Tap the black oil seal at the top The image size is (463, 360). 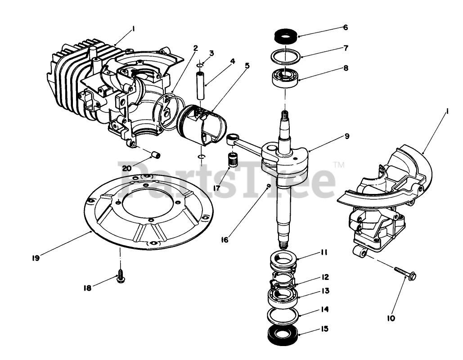[x=284, y=35]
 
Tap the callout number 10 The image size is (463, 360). [x=391, y=318]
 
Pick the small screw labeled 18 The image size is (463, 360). [x=121, y=278]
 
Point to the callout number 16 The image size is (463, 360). [x=225, y=239]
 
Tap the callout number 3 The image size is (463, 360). [x=211, y=53]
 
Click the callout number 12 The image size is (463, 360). [x=325, y=277]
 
